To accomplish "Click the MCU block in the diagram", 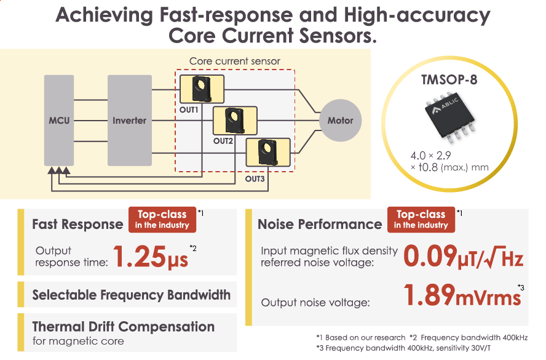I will [x=59, y=121].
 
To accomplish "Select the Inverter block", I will [x=129, y=121].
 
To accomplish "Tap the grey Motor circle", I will [x=340, y=121].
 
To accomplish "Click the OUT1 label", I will [x=189, y=110].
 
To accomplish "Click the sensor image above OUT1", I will [x=202, y=90].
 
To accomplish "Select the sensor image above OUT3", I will [x=267, y=153].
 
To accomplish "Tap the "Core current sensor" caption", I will [x=234, y=62].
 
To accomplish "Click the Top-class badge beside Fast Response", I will [x=162, y=219].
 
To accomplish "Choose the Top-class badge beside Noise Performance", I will [x=421, y=219].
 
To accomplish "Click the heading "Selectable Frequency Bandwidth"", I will [x=131, y=295].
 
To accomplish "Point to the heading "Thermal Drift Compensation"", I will [x=123, y=326].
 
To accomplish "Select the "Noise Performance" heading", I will [x=320, y=225].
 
